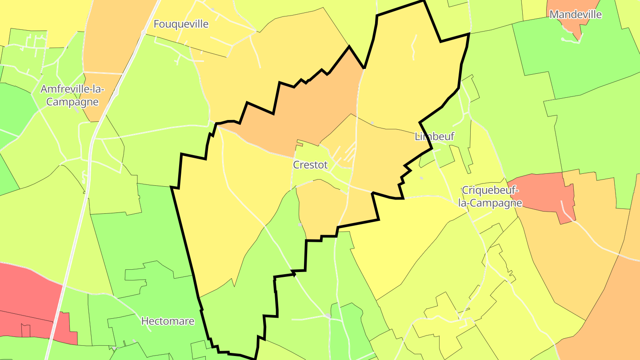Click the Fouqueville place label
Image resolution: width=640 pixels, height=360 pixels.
click(181, 24)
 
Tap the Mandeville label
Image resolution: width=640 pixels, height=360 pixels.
click(576, 15)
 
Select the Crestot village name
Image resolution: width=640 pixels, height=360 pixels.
click(310, 165)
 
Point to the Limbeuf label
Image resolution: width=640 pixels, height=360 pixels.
click(434, 136)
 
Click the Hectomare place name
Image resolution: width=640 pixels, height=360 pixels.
click(168, 321)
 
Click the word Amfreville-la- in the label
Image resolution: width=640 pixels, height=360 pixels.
click(72, 89)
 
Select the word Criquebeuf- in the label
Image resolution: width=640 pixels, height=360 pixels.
click(490, 190)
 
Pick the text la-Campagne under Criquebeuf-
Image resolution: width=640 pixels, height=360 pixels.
click(490, 203)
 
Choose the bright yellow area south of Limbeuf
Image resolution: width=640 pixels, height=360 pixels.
click(400, 240)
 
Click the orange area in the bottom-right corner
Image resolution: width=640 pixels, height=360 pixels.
click(609, 311)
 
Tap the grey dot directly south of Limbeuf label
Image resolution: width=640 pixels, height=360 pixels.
click(421, 178)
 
